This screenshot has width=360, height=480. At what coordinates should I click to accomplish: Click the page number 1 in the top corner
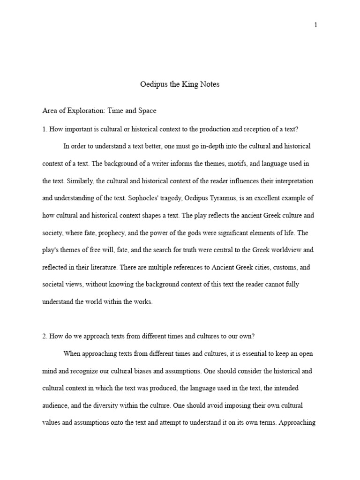click(316, 25)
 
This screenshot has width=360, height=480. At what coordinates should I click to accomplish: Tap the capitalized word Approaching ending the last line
click(298, 423)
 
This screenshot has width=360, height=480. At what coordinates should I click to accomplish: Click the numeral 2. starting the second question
click(45, 336)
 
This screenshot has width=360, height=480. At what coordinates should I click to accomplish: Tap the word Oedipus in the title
click(153, 85)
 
